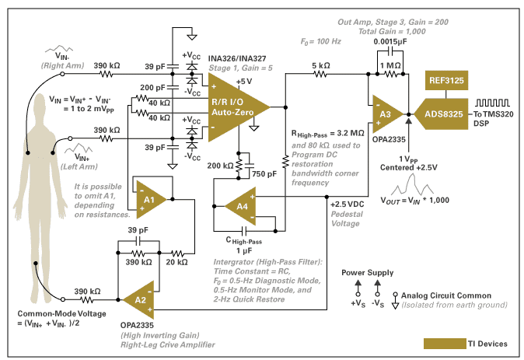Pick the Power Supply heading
367,273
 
